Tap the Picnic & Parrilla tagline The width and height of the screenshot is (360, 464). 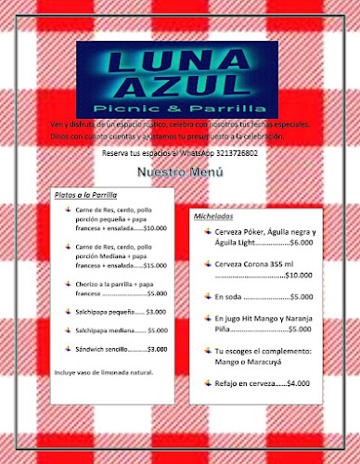point(181,109)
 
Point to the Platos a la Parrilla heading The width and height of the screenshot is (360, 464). point(84,195)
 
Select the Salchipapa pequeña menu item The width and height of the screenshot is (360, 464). point(106,312)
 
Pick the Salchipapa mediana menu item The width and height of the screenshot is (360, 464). point(106,330)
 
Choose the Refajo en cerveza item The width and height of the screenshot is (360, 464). point(248,382)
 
